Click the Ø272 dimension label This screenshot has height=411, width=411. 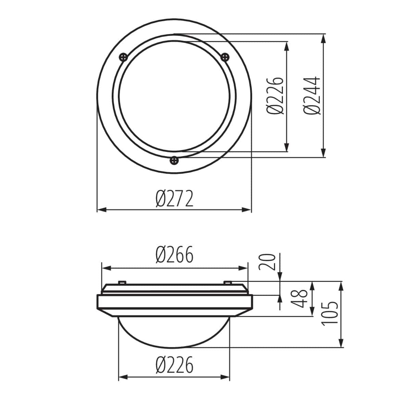[x=174, y=199]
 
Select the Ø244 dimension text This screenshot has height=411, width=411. [x=312, y=96]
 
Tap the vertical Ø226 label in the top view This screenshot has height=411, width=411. [x=275, y=96]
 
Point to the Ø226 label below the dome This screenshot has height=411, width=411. [x=174, y=365]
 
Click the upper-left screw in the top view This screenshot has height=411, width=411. [x=123, y=57]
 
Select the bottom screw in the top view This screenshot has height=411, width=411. [x=174, y=160]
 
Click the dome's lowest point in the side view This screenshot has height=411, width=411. [x=174, y=346]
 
